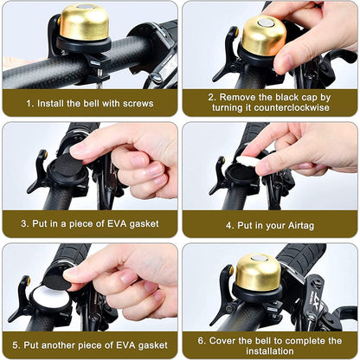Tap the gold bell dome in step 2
point(263,36)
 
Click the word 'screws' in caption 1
point(133,102)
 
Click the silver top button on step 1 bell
point(83,9)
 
